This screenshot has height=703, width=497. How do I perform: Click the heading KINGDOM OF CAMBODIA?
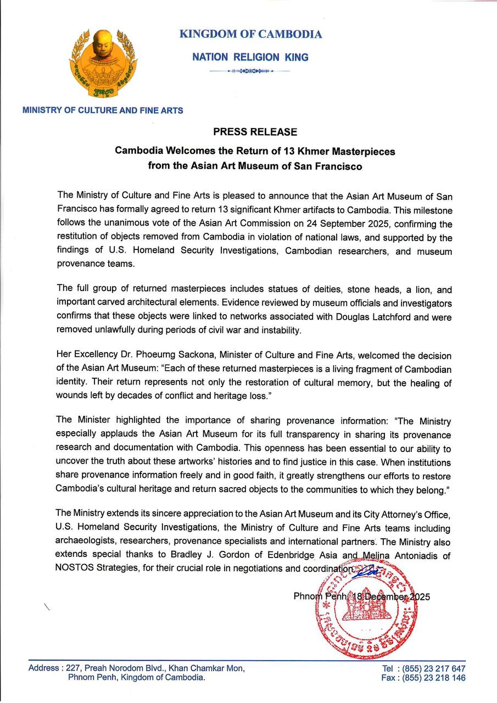(x=250, y=34)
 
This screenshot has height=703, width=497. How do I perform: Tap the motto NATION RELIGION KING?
(x=250, y=57)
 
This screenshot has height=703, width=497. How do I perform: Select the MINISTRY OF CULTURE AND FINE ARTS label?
(x=103, y=110)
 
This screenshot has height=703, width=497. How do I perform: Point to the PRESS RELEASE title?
(x=255, y=132)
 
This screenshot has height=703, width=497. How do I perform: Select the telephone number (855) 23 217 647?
(x=433, y=668)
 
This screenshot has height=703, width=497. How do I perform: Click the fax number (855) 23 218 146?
(x=433, y=678)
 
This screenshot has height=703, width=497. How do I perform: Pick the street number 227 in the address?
(x=73, y=668)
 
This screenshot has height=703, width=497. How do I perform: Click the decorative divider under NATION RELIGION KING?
(x=250, y=71)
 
